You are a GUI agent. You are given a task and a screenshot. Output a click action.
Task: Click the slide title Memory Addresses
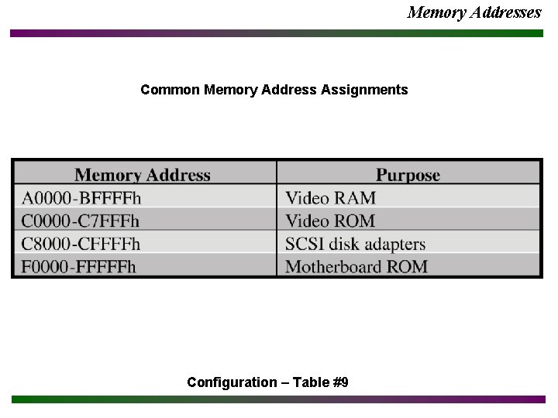(x=474, y=12)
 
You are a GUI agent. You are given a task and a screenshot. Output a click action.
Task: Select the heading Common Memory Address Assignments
(x=274, y=90)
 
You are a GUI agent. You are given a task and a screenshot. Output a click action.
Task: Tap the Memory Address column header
(x=143, y=175)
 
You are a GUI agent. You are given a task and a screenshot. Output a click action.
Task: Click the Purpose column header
(x=408, y=175)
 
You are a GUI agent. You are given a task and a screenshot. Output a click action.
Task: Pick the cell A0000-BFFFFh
(x=81, y=198)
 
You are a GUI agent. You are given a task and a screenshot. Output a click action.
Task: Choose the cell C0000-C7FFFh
(x=81, y=221)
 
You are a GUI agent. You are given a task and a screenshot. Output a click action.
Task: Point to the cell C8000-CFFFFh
(x=81, y=245)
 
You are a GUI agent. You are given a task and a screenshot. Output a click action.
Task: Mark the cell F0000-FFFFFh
(x=79, y=267)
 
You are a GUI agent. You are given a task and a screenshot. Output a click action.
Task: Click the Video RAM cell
(x=330, y=198)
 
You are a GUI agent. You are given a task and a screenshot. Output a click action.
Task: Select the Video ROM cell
(x=330, y=221)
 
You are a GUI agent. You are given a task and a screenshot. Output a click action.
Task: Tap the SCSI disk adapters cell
(x=355, y=245)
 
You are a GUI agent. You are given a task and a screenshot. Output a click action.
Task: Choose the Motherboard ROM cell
(x=356, y=267)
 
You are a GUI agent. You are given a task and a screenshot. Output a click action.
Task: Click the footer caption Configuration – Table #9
(x=267, y=382)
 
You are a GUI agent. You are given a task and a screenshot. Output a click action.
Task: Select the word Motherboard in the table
(x=336, y=267)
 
